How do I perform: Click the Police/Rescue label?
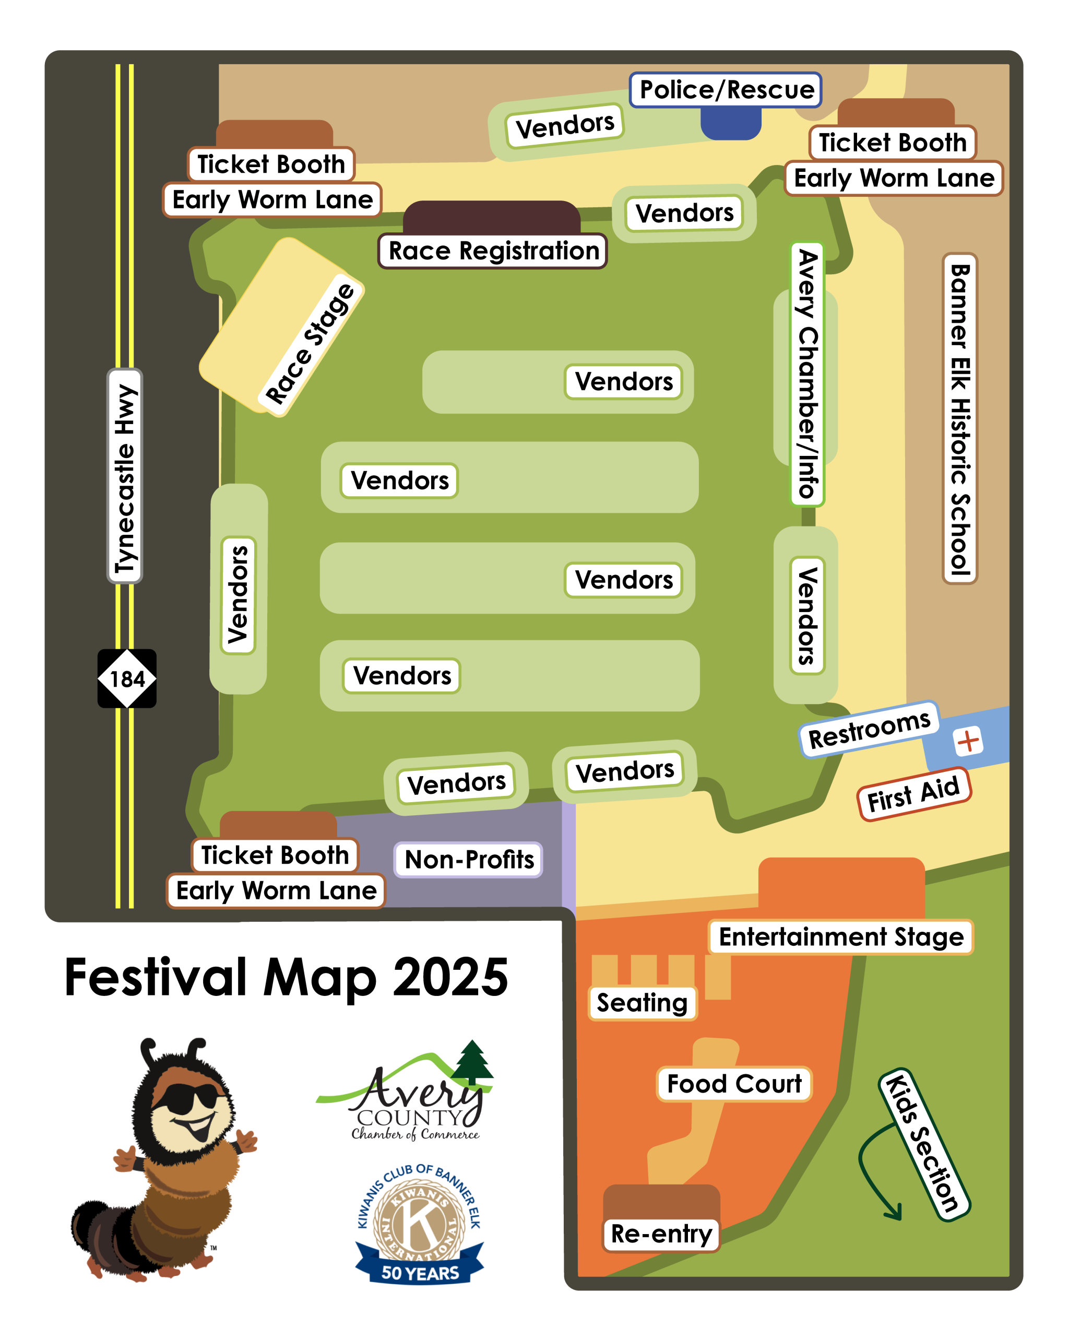pos(726,90)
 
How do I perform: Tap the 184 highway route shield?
pos(127,678)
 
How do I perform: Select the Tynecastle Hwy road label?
pos(125,476)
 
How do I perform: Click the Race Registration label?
pos(493,251)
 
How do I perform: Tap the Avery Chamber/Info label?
pos(807,374)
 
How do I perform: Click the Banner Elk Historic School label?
pos(959,418)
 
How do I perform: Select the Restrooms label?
pos(869,729)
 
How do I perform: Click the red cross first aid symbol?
pos(968,741)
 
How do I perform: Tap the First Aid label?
pos(913,794)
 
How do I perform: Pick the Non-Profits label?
pos(469,860)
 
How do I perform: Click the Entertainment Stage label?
pos(841,936)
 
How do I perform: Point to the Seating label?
pos(642,1003)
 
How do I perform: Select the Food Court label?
pos(734,1084)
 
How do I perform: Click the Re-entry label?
pos(661,1234)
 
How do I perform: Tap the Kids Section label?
pos(924,1144)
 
